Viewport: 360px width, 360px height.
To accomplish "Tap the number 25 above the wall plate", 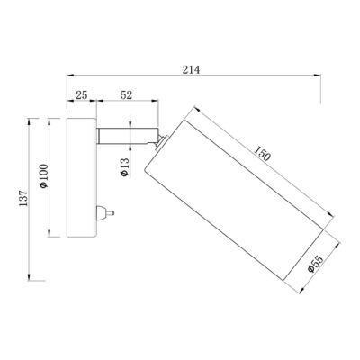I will tap(81, 94).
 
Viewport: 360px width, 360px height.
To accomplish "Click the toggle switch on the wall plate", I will tap(104, 213).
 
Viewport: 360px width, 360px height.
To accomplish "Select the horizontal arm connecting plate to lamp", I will tap(126, 138).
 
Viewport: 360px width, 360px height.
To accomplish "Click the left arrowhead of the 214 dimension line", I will tap(67, 77).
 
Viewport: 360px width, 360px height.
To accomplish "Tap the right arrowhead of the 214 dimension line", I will tap(321, 77).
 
